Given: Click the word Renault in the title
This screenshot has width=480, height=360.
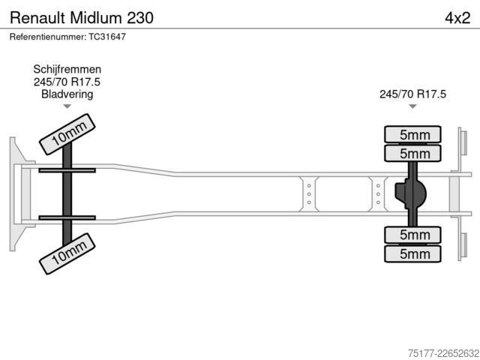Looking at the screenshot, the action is (x=37, y=18).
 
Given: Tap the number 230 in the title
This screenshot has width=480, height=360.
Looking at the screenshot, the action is (x=140, y=18).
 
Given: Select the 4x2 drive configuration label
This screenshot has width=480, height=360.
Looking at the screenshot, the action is (x=457, y=18).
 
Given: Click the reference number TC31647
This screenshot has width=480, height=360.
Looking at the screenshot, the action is (x=107, y=37).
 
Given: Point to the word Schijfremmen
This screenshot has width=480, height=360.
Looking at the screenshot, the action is (x=67, y=69).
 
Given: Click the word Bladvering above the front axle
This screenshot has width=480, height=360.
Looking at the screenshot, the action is (x=67, y=94).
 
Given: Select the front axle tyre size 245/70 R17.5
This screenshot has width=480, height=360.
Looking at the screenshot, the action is (x=67, y=82).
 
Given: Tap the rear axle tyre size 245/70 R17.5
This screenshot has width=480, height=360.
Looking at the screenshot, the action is (x=412, y=94).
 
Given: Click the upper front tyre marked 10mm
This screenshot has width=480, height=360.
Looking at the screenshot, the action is (x=67, y=134).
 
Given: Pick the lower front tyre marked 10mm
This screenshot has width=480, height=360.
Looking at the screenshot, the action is (x=67, y=253).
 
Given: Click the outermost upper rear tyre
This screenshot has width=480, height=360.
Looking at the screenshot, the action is (x=412, y=134).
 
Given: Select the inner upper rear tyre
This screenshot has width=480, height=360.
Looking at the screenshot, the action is (x=412, y=153).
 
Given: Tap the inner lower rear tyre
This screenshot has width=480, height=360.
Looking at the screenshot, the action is (x=412, y=235).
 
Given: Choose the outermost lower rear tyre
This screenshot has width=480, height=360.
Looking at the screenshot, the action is (x=412, y=253).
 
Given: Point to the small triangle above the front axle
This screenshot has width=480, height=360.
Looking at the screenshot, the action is (x=67, y=106).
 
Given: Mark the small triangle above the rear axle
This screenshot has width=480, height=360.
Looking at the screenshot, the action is (x=412, y=106).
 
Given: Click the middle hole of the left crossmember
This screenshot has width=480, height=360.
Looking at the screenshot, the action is (x=309, y=194).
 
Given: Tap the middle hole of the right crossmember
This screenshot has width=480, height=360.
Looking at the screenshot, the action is (x=378, y=194).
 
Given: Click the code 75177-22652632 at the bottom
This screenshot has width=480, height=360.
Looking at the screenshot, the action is (x=443, y=353).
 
